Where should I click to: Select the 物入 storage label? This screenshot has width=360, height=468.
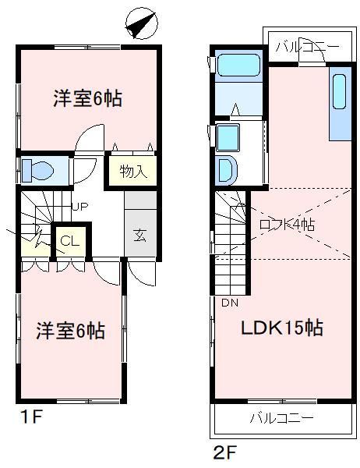pyautogui.click(x=133, y=170)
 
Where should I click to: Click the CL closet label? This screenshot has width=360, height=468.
pyautogui.click(x=70, y=241)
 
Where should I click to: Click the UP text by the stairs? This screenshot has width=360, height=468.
pyautogui.click(x=79, y=207)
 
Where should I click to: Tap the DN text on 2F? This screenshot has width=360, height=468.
pyautogui.click(x=229, y=303)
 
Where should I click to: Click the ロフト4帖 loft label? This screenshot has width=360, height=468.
pyautogui.click(x=287, y=224)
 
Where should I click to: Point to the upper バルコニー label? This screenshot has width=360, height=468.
pyautogui.click(x=306, y=47)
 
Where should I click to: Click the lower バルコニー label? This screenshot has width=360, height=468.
pyautogui.click(x=281, y=418)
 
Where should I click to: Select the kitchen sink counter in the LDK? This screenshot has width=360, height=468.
pyautogui.click(x=340, y=101)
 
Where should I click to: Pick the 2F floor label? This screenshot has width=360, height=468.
pyautogui.click(x=223, y=452)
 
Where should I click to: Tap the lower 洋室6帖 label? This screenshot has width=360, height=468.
pyautogui.click(x=70, y=331)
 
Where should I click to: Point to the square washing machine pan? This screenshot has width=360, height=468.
pyautogui.click(x=230, y=137)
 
